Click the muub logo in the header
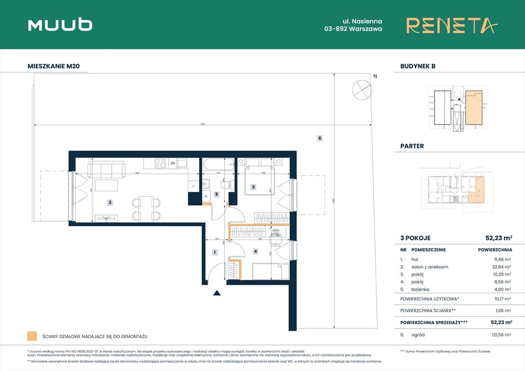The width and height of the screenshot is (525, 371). coord(60,25)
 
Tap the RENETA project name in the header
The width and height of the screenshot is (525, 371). coord(451,25)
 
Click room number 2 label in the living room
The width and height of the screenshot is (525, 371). coord(110,203)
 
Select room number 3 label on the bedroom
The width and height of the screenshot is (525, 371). coord(253,186)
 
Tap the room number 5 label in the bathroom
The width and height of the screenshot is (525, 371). coord(217,195)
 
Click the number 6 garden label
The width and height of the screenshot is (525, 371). coord(320,138)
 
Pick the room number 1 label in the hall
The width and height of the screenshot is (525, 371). coord(214,252)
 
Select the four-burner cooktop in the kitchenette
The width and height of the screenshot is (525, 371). coord(160,163)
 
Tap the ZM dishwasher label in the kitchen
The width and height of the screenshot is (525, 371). coord(172,164)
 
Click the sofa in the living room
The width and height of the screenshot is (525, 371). coord(106,169)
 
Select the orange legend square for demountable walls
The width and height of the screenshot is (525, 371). coord(32,336)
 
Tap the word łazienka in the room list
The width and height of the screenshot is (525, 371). coord(420,289)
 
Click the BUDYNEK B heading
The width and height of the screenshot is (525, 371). coord(418,66)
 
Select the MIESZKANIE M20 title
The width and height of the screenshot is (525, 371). coord(57,66)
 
